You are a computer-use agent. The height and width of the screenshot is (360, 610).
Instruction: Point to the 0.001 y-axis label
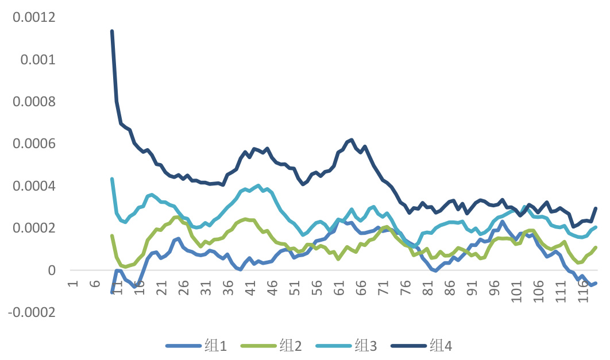pos(40,60)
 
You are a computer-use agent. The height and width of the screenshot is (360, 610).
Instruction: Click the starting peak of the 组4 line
pos(112,32)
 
